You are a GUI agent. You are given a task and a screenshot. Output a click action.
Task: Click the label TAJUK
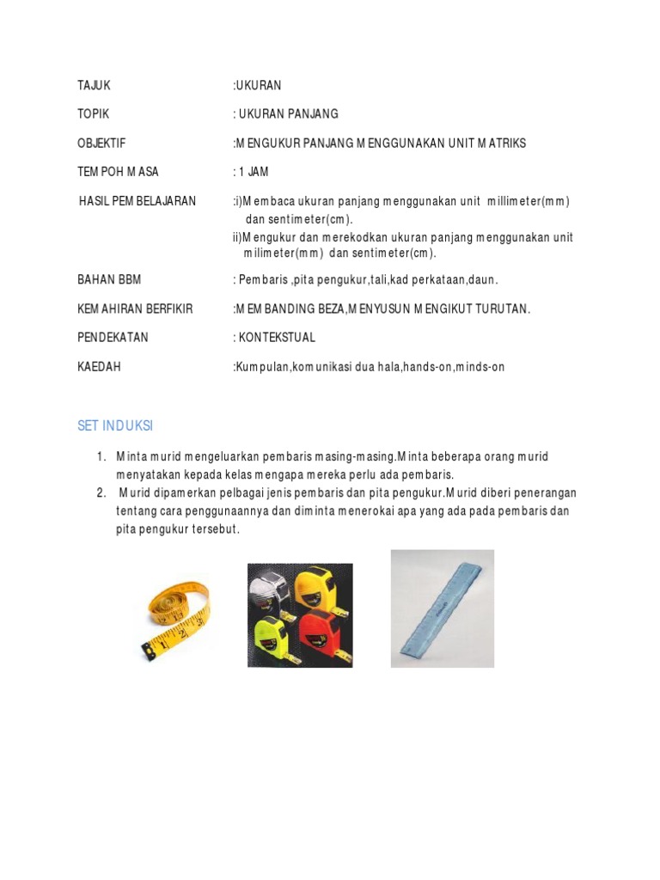[94, 85]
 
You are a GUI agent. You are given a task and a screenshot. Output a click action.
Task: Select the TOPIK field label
[93, 113]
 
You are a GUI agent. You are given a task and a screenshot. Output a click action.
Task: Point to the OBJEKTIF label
[101, 143]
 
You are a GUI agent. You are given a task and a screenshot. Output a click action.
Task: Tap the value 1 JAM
[254, 172]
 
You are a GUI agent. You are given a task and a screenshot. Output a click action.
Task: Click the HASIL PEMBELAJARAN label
[137, 201]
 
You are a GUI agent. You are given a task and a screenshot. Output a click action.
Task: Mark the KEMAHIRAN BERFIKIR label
[135, 309]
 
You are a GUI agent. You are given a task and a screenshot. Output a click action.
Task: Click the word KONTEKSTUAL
[278, 338]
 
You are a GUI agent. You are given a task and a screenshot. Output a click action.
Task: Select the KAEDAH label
[99, 367]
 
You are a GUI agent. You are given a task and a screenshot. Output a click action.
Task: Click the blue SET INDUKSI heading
[115, 426]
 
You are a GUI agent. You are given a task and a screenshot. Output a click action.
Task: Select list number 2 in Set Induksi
[101, 492]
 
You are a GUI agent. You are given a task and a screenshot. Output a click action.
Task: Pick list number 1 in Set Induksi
[101, 455]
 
